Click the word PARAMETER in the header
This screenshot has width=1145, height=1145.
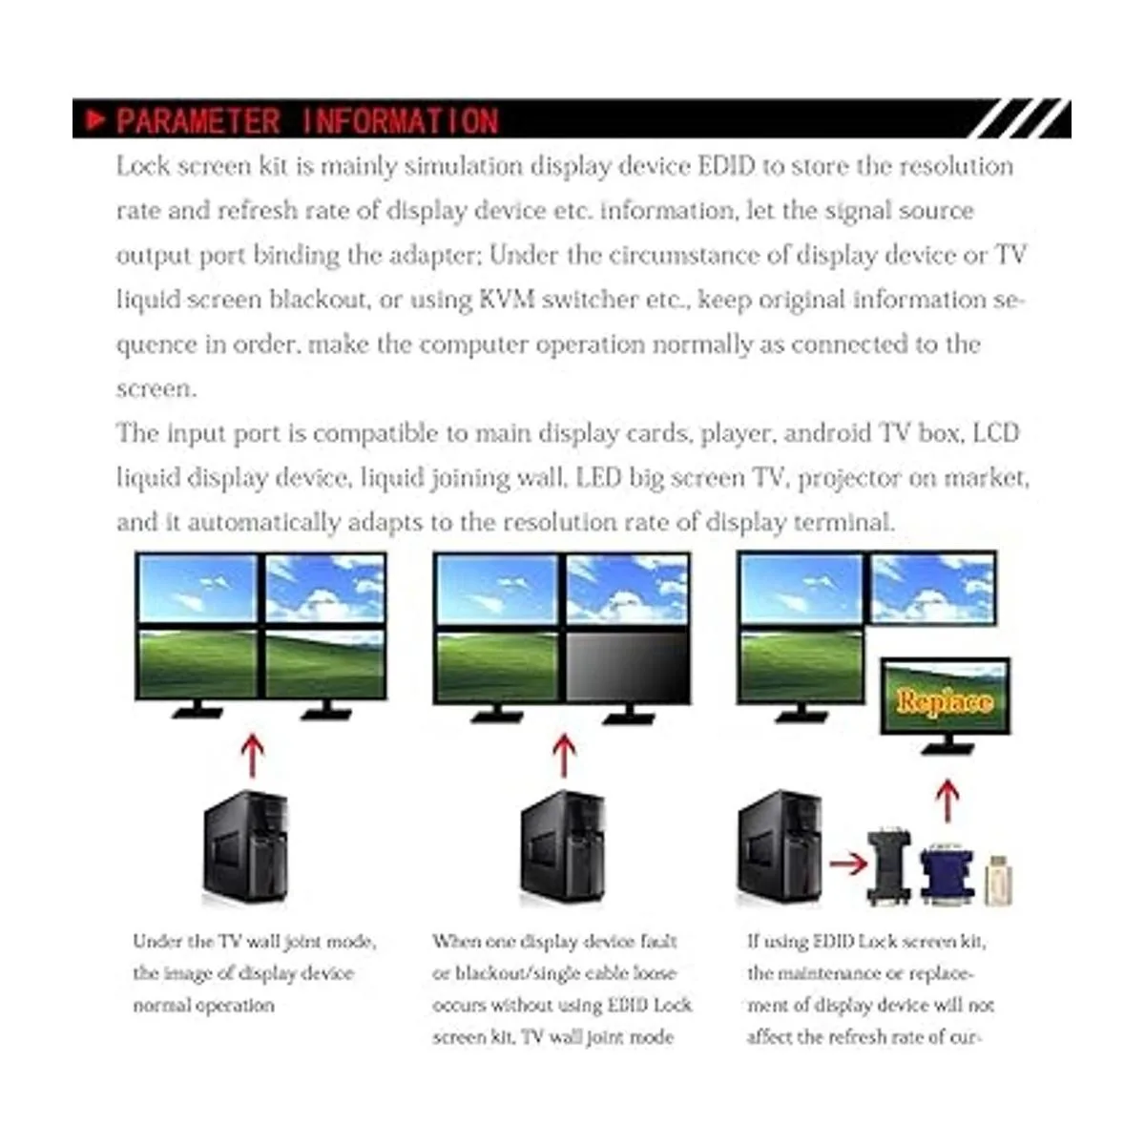[x=198, y=121]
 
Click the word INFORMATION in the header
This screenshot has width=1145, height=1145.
[x=400, y=121]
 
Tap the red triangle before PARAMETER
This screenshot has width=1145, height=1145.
[x=94, y=120]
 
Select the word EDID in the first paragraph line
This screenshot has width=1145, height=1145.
[x=726, y=166]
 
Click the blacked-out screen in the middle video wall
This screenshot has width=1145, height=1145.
[x=627, y=666]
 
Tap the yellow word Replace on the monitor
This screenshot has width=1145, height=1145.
[x=944, y=701]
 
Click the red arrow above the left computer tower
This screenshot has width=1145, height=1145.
[x=251, y=755]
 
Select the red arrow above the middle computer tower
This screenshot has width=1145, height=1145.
[x=564, y=755]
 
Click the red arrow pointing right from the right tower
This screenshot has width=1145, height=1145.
[x=847, y=864]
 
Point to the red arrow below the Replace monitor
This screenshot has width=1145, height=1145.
[x=946, y=800]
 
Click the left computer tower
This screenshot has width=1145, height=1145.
[x=245, y=847]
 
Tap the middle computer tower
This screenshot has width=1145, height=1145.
[x=562, y=847]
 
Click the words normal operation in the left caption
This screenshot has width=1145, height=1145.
[x=203, y=1006]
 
